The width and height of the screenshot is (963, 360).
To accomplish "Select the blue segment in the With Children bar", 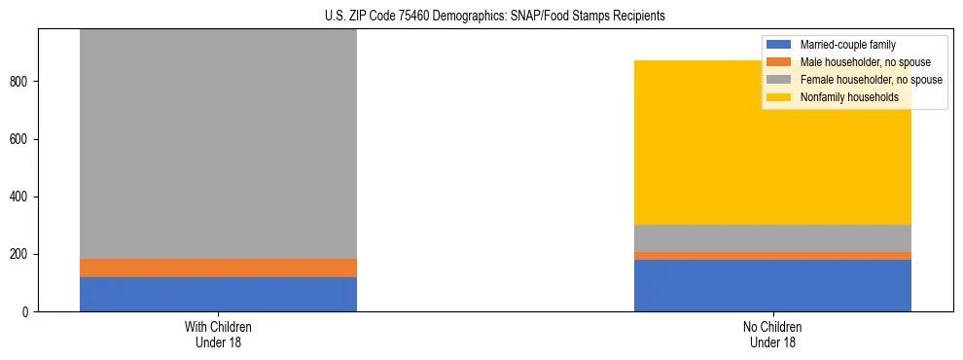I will coord(218,294).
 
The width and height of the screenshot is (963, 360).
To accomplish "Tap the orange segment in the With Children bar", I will coord(218,268).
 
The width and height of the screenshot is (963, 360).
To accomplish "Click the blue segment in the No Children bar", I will coord(772,285).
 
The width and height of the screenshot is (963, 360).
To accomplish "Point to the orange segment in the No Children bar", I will coord(772,256).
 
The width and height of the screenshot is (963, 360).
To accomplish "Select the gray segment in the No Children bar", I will coord(772,238).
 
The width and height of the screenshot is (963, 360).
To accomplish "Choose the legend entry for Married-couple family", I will coord(847,45).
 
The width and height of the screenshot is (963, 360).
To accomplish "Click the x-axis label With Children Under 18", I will coord(218,335).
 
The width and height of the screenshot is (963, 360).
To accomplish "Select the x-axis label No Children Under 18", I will coord(772,335).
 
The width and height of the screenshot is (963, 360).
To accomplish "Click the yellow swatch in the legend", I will coord(779,97).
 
